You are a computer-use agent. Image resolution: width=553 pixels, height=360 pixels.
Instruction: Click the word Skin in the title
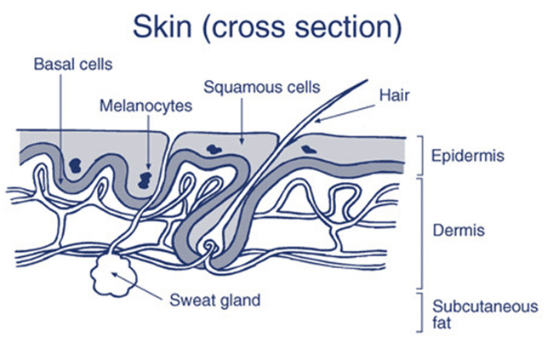pyautogui.click(x=162, y=27)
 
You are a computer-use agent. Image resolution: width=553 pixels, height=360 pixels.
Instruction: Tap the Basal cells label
pyautogui.click(x=73, y=65)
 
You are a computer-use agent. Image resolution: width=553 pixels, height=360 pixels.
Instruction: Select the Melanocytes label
pyautogui.click(x=145, y=106)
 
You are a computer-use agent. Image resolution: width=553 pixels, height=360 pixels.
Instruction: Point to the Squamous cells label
pyautogui.click(x=262, y=87)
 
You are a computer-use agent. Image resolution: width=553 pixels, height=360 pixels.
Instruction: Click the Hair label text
pyautogui.click(x=394, y=95)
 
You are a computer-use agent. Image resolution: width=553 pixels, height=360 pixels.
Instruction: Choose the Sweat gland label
pyautogui.click(x=215, y=300)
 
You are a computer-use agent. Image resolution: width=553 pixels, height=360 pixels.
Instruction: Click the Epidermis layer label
pyautogui.click(x=468, y=156)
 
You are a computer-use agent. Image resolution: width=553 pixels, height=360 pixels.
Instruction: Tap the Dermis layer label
pyautogui.click(x=459, y=231)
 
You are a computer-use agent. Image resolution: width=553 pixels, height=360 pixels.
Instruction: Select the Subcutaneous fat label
pyautogui.click(x=485, y=315)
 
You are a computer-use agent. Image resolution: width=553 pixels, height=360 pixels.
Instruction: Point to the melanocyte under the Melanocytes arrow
pyautogui.click(x=145, y=180)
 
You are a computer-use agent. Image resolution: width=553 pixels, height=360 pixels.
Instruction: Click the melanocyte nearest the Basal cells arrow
pyautogui.click(x=75, y=165)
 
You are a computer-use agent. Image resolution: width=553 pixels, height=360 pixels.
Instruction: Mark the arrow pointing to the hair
pyautogui.click(x=345, y=113)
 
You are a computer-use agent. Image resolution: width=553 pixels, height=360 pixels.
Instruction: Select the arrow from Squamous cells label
pyautogui.click(x=242, y=121)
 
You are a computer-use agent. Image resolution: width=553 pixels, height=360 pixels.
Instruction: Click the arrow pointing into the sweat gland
pyautogui.click(x=138, y=286)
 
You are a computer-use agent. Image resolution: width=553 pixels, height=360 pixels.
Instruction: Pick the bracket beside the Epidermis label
pyautogui.click(x=421, y=156)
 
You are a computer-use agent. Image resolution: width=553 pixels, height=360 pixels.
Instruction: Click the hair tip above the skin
pyautogui.click(x=367, y=81)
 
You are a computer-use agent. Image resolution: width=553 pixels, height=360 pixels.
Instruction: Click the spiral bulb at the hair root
pyautogui.click(x=208, y=246)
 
